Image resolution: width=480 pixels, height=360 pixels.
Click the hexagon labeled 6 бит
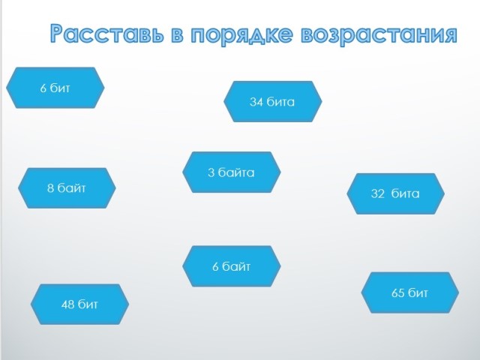55,88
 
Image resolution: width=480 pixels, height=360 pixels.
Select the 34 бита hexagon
273,102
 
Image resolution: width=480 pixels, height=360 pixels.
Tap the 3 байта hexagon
232,172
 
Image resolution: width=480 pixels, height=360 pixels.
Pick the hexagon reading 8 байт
67,188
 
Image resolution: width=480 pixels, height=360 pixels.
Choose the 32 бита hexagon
395,193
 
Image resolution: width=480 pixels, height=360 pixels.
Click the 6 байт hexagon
232,266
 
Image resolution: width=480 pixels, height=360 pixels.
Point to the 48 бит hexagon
79,304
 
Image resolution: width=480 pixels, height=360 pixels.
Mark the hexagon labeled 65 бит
410,292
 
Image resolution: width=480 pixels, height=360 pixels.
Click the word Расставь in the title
106,33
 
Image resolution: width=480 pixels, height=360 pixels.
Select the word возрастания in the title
379,35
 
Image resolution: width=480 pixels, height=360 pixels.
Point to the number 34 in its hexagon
256,102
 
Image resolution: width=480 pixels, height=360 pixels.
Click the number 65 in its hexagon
398,293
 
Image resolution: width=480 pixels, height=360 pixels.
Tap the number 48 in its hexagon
67,304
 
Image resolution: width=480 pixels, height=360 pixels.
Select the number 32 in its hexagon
377,193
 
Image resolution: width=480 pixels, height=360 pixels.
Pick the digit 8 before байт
50,188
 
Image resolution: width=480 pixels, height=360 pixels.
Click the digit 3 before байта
211,172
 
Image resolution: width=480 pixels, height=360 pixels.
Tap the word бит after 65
418,292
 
